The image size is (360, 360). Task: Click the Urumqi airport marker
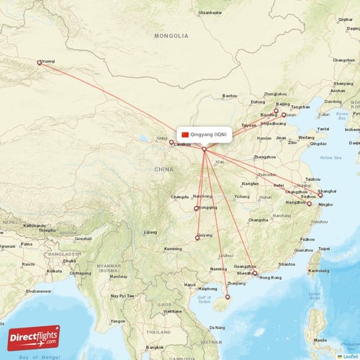40,63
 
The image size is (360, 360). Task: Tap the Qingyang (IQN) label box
204,135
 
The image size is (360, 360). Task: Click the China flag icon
185,135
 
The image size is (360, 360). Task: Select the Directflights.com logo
34,337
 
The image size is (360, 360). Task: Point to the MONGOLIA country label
171,35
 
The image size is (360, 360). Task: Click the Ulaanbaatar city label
210,13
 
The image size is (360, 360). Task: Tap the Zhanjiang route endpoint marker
228,297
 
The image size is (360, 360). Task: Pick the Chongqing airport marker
197,209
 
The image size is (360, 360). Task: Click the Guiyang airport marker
198,238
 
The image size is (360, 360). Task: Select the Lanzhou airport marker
171,143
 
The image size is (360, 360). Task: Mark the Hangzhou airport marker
309,204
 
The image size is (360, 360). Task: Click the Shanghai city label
327,192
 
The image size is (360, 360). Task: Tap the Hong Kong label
270,278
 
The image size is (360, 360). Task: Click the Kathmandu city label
35,225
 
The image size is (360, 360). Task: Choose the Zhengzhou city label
265,156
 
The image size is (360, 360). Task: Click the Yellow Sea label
330,158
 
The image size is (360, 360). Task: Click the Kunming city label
173,249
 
